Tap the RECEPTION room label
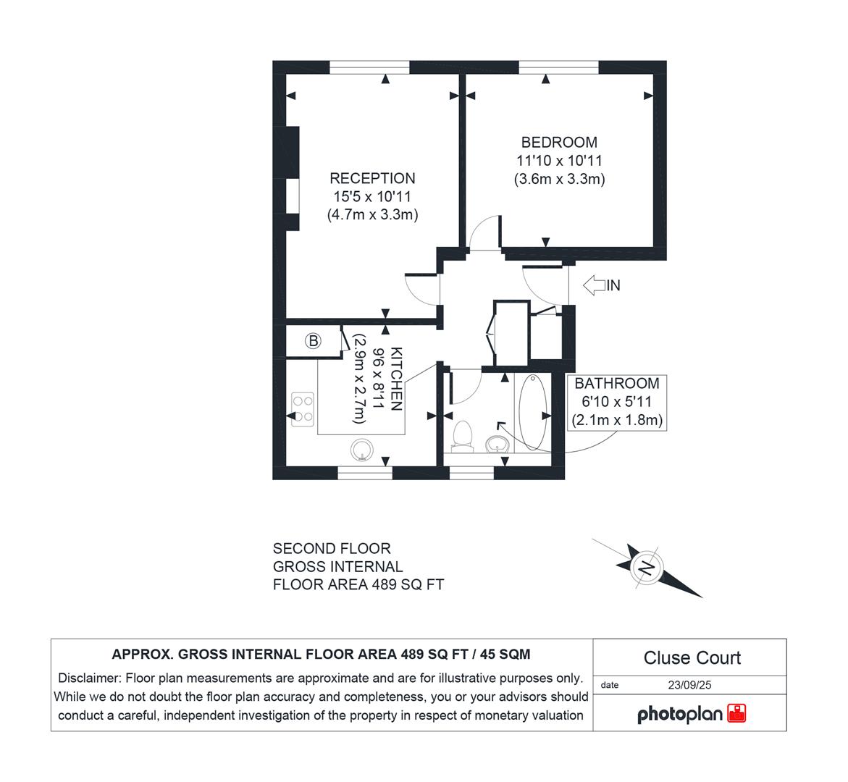click(x=372, y=178)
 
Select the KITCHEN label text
click(x=395, y=379)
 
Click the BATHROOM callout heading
click(x=617, y=384)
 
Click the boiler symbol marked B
click(x=313, y=341)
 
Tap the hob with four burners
click(x=302, y=408)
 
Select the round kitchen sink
click(x=361, y=450)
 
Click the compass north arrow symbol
click(x=645, y=567)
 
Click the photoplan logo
click(x=692, y=714)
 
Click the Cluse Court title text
click(x=692, y=657)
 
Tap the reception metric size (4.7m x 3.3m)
click(x=372, y=214)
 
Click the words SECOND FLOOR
click(x=332, y=549)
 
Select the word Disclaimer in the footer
click(x=90, y=678)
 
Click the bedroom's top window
click(x=558, y=67)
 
